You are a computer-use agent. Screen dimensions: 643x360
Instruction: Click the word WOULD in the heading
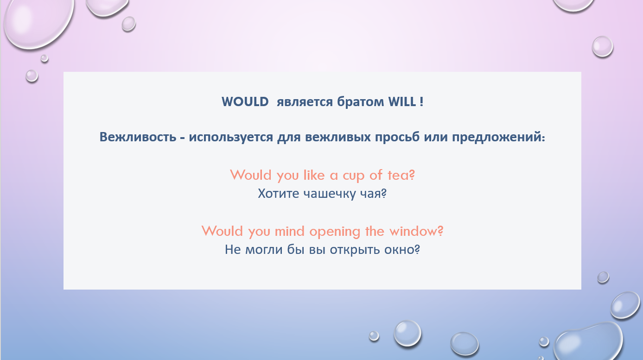tap(245, 102)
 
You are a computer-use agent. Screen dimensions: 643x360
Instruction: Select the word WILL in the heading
tap(402, 102)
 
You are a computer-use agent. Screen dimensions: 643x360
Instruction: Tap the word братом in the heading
tap(360, 101)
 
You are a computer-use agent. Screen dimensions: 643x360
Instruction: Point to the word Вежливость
tap(138, 137)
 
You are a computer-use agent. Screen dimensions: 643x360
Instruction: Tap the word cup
tap(354, 176)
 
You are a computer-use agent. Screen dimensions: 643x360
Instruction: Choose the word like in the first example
tap(314, 175)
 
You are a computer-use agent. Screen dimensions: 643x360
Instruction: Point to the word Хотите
tap(279, 194)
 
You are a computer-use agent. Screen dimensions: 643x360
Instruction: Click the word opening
tap(335, 232)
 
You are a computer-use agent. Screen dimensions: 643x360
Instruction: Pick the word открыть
tap(355, 250)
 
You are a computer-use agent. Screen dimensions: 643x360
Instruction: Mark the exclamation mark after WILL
tap(421, 102)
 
